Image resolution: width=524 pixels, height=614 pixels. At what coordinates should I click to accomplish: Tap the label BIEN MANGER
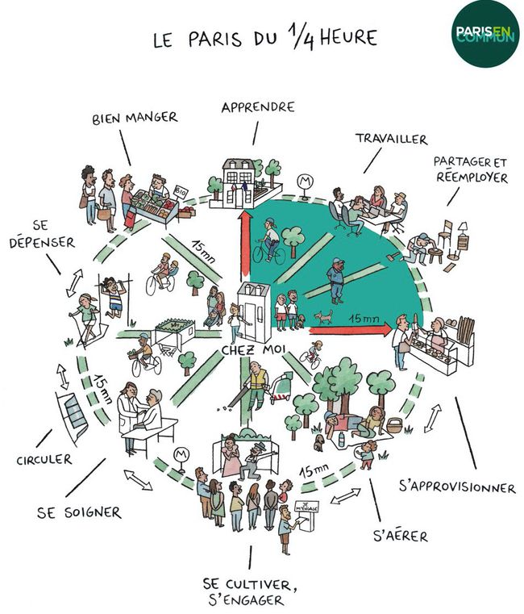click(x=135, y=118)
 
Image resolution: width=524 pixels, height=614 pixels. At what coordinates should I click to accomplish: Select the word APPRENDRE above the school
click(x=258, y=107)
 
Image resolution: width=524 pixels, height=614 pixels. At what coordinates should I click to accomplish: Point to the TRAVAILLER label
click(x=392, y=140)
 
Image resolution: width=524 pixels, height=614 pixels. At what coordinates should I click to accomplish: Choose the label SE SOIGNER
click(x=80, y=511)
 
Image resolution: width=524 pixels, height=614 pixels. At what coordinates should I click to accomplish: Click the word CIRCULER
click(x=44, y=460)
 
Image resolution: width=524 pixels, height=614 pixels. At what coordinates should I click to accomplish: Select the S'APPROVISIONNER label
click(x=457, y=487)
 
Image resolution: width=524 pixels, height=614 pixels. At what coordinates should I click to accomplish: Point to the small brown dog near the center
click(x=324, y=316)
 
